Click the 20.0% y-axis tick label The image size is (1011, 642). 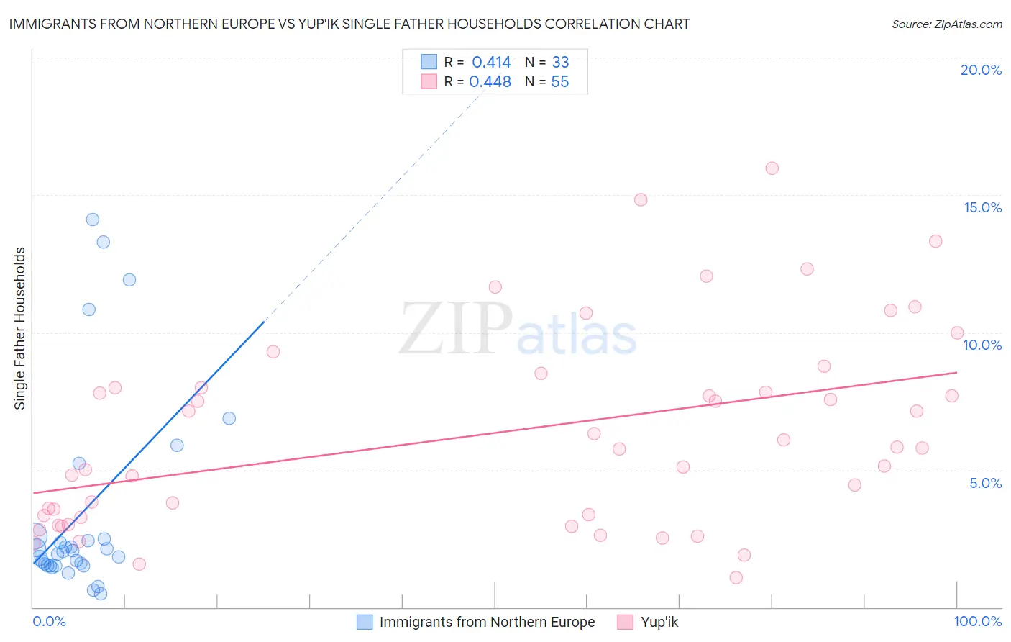coord(981,70)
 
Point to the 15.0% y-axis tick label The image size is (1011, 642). coord(982,207)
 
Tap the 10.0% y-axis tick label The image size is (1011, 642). coord(982,345)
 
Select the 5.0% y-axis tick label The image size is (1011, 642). coord(985,483)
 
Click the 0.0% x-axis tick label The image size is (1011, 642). coord(49,621)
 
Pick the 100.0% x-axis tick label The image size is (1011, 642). coord(977,621)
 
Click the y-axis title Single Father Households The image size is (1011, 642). coord(20,328)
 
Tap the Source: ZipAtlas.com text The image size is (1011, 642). coord(946,24)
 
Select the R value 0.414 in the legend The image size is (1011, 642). coord(491,62)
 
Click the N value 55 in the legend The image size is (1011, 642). coord(559,81)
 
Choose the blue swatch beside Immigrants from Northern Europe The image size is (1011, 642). coord(365,622)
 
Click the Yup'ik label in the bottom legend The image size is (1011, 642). coord(659,622)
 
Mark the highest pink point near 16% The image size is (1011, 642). coord(772,168)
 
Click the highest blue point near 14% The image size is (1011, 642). coord(93,220)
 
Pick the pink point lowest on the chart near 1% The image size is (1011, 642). coord(736,577)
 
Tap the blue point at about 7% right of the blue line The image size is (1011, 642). coord(229,418)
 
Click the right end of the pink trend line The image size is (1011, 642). coord(956,372)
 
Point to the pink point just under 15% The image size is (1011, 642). coord(641,199)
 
